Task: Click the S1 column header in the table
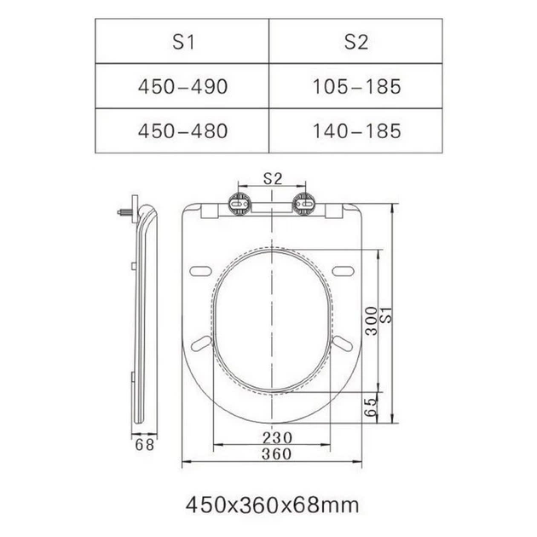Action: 183,42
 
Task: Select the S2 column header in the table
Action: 356,42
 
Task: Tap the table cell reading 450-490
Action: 183,86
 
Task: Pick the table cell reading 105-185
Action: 356,86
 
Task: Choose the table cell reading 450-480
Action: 183,130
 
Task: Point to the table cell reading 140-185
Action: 356,130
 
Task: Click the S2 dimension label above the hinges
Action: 273,178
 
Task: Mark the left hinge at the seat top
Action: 240,204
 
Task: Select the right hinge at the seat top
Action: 303,204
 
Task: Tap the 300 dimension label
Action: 371,320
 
